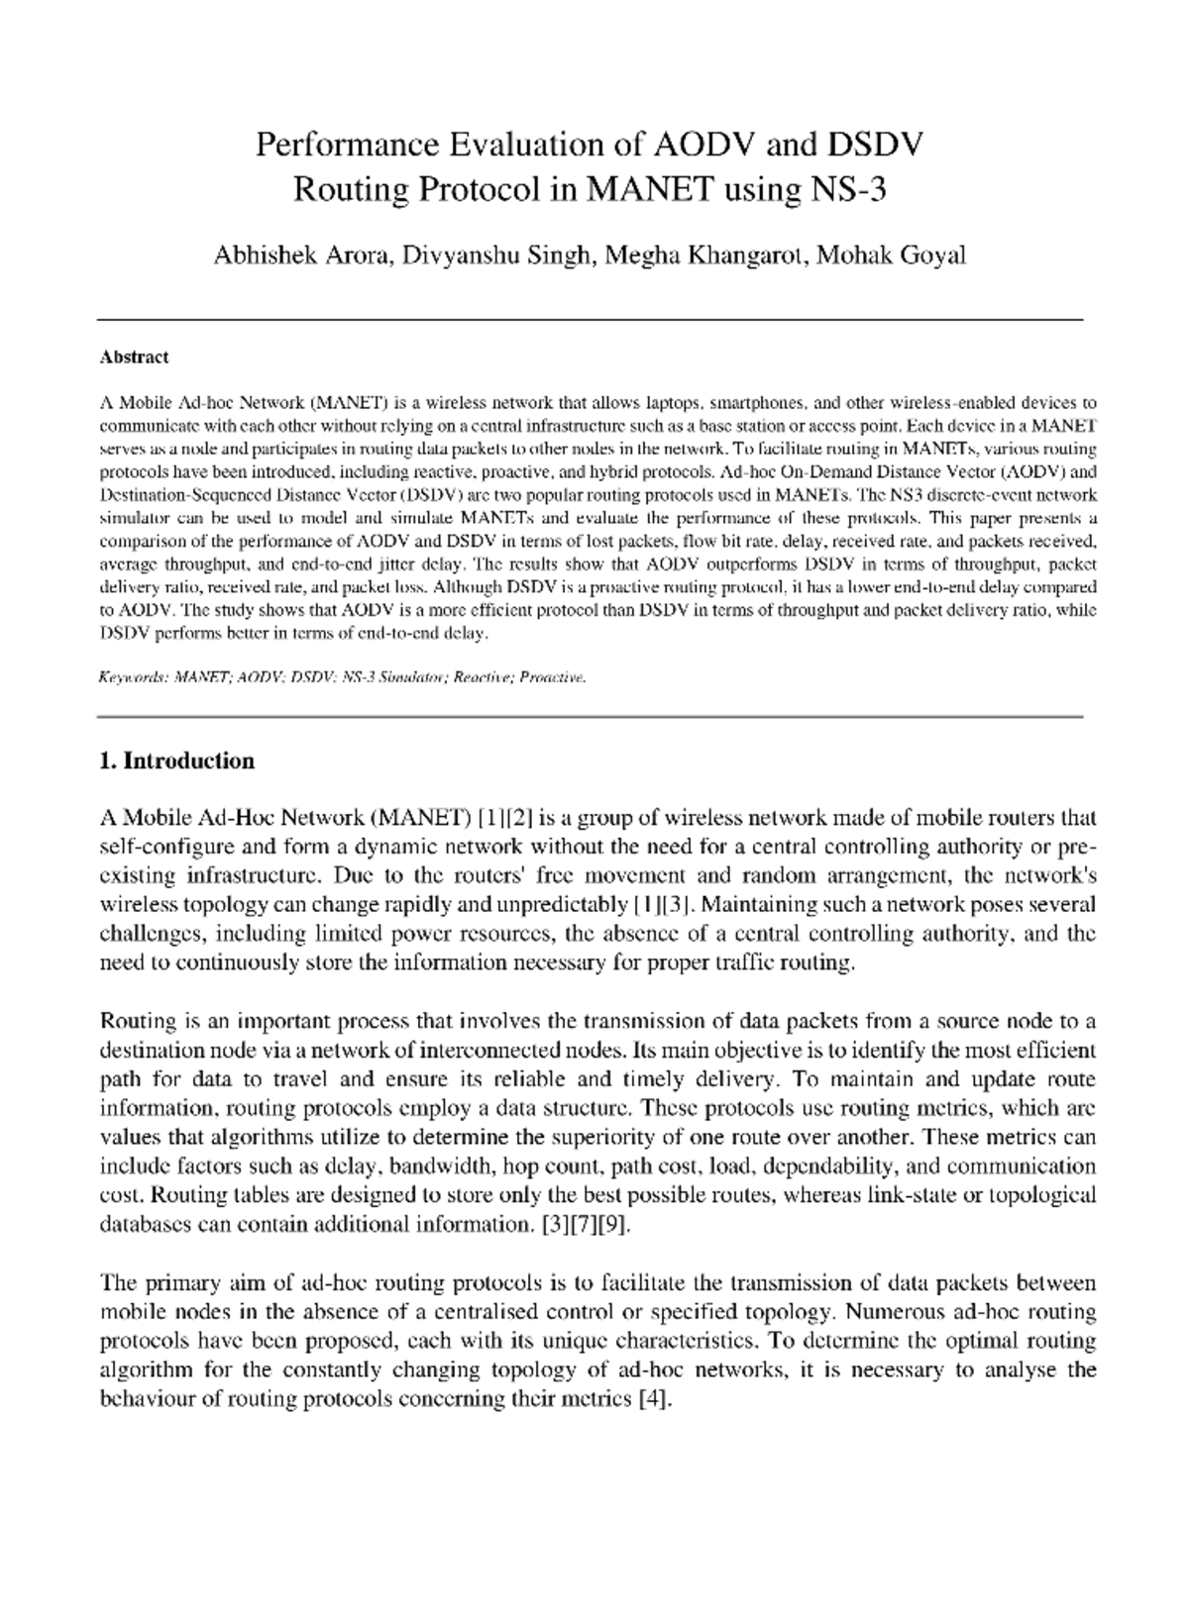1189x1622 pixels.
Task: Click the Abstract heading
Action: tap(134, 357)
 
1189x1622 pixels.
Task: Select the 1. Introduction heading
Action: tap(177, 760)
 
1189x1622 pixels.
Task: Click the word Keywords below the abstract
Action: tap(129, 679)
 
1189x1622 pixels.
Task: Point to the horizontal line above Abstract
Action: tap(591, 320)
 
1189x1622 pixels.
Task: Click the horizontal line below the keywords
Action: tap(591, 716)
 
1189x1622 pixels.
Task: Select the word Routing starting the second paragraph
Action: tap(139, 1021)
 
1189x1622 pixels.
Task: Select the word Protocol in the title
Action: tap(472, 188)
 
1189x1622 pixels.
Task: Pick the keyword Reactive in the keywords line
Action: tap(479, 679)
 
